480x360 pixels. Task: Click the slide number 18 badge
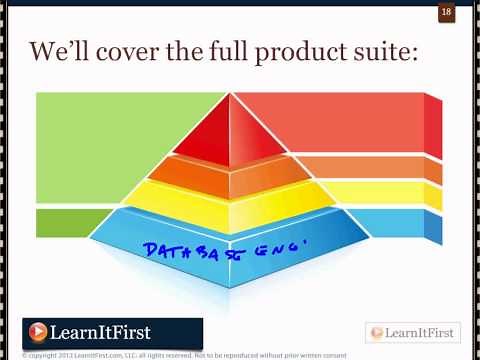point(447,13)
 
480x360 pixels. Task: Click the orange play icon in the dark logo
point(39,332)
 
